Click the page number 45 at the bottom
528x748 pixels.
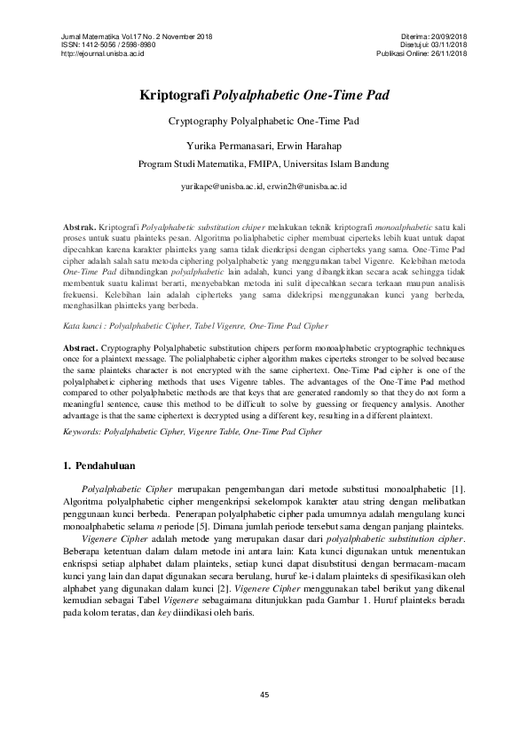pos(264,694)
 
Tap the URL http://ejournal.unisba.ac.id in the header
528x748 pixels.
pos(101,53)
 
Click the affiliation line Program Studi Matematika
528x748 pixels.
pos(264,163)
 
